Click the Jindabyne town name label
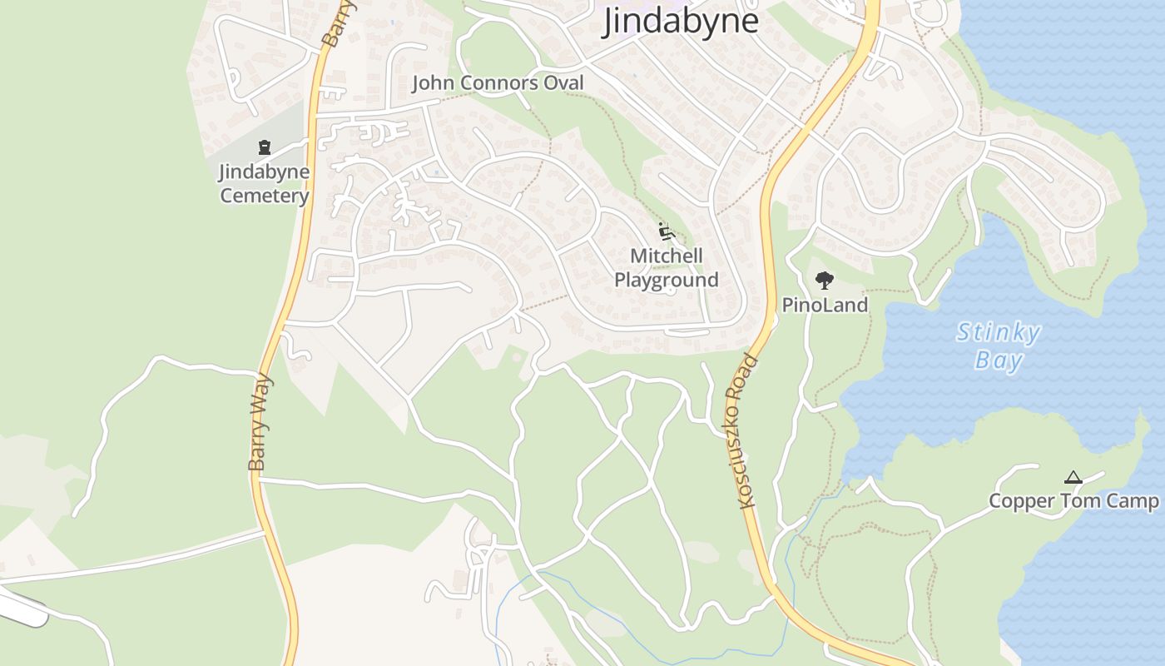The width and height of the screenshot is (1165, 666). click(680, 21)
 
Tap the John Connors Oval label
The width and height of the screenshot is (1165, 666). click(498, 83)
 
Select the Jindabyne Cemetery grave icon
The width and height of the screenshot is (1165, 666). click(265, 148)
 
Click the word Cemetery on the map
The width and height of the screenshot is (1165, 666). click(265, 196)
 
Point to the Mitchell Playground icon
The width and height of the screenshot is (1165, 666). click(665, 231)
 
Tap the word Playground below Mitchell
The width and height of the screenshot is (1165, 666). click(667, 280)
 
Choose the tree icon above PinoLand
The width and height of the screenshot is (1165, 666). click(824, 280)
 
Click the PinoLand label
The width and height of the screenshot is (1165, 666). click(825, 306)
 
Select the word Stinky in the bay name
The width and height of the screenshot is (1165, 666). click(999, 333)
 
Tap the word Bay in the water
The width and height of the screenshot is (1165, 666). click(999, 360)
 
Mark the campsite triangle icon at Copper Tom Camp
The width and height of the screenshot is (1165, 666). click(1073, 478)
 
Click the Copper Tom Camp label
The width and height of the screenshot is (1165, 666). click(1073, 501)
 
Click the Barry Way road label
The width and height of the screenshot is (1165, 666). click(260, 423)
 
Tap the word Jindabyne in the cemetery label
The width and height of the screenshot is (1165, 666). click(265, 172)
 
